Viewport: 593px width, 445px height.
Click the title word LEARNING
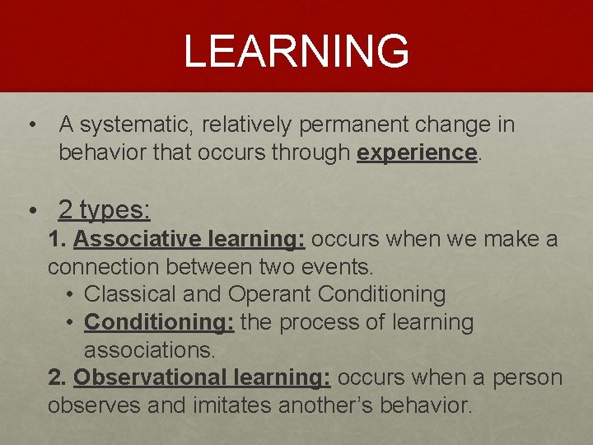(296, 51)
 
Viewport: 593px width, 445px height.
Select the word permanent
(391, 125)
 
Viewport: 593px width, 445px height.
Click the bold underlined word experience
(417, 152)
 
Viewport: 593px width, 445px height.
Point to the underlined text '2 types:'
(105, 210)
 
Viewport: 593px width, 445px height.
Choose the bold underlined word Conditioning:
(159, 322)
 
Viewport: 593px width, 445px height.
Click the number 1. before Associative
(57, 240)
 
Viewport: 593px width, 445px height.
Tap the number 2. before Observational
(57, 377)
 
